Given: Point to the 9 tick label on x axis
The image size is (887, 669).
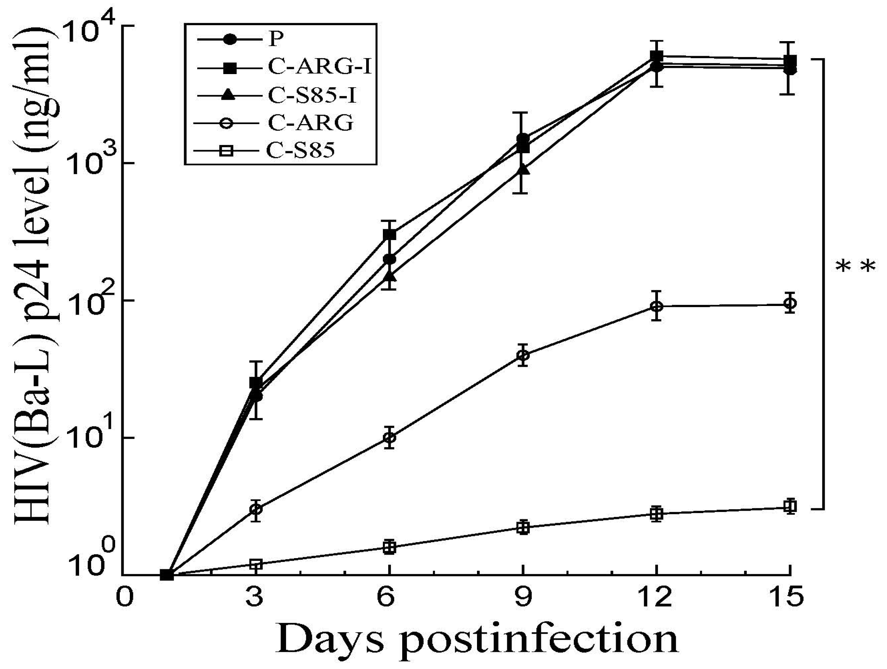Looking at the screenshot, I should (523, 597).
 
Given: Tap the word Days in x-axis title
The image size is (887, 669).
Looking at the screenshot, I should (329, 638).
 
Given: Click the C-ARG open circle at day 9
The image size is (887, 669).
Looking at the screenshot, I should (523, 355).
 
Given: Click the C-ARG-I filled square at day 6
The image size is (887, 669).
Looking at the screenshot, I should (389, 234).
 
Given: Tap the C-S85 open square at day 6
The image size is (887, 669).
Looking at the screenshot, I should (389, 547).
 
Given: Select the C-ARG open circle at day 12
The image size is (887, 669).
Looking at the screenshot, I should (656, 306).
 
